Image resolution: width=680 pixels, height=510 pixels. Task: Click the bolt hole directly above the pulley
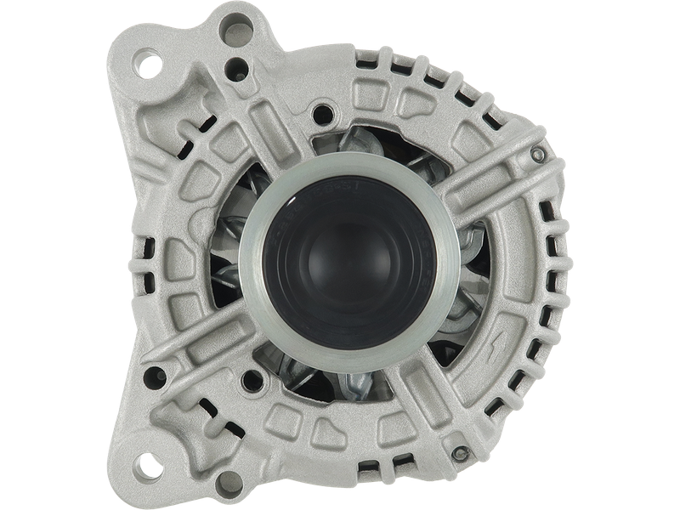(x=322, y=111)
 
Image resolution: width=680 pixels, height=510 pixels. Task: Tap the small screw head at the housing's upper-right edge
(x=535, y=154)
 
